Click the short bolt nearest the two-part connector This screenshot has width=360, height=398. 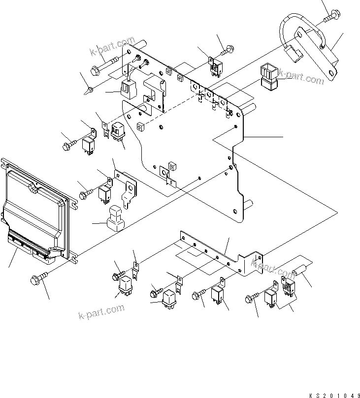coord(228,49)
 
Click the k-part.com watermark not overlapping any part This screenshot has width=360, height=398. coord(100,311)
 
